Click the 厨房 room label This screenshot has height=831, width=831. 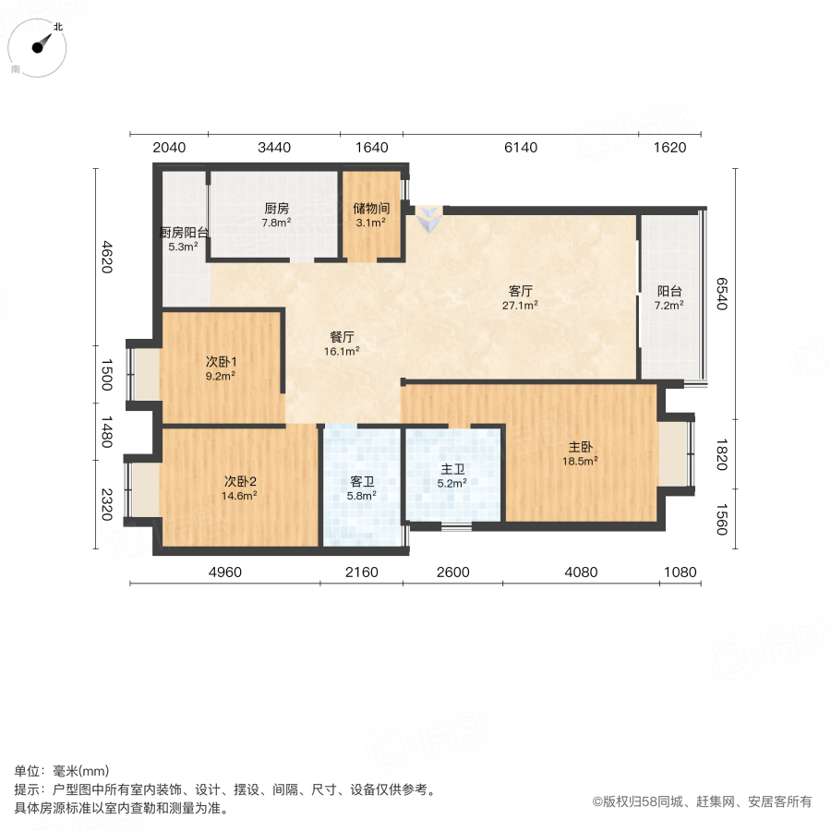point(277,209)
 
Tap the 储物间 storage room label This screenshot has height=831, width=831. point(371,209)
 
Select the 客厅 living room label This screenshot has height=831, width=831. point(521,291)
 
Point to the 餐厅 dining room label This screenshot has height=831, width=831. point(342,337)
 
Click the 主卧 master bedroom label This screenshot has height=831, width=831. point(581,447)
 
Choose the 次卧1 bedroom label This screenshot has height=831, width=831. point(221,362)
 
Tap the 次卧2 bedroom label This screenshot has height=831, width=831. point(240,482)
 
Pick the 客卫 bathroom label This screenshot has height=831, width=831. point(362,482)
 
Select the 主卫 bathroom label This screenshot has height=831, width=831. point(452,470)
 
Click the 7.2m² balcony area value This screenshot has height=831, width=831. point(668,306)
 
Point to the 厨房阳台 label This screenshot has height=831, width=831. point(184,233)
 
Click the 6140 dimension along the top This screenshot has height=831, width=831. point(521,148)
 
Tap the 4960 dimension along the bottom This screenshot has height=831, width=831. point(225,572)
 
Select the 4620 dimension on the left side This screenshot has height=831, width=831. point(107,257)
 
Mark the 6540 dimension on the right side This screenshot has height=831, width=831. point(722,294)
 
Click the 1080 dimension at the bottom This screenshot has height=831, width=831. point(680,572)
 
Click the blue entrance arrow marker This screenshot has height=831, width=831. point(428,220)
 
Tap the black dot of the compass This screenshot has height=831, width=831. point(38,48)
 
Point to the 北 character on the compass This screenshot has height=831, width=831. point(58,27)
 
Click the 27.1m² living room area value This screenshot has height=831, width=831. point(520,306)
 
